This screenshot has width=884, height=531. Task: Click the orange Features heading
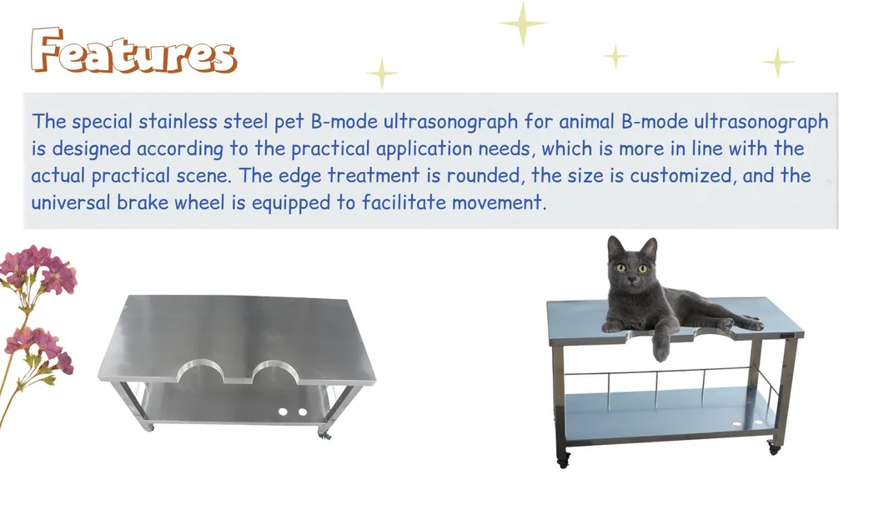(x=133, y=52)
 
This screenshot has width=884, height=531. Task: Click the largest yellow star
(x=523, y=23)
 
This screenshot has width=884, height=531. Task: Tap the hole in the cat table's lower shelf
(x=736, y=426)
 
